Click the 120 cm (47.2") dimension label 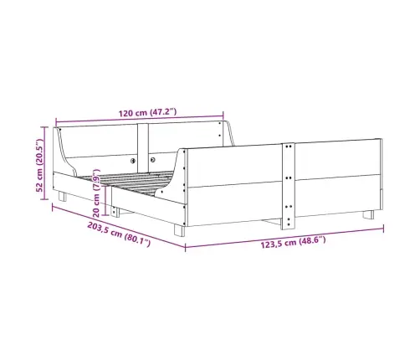147,113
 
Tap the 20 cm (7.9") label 96,193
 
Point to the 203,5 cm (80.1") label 119,234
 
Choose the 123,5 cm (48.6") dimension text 293,242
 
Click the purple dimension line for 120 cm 140,118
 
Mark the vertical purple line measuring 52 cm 44,163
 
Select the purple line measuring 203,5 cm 119,227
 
